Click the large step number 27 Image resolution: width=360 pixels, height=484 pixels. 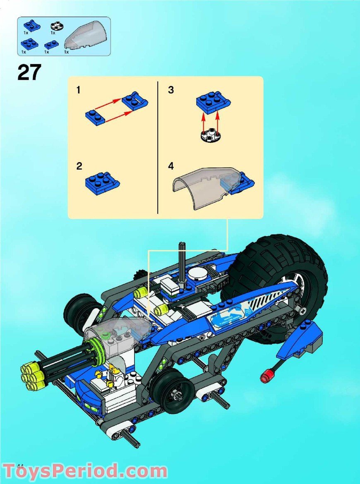pyautogui.click(x=29, y=72)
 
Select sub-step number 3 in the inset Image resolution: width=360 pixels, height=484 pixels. pyautogui.click(x=171, y=90)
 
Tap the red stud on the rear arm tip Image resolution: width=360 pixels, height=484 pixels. pyautogui.click(x=264, y=377)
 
